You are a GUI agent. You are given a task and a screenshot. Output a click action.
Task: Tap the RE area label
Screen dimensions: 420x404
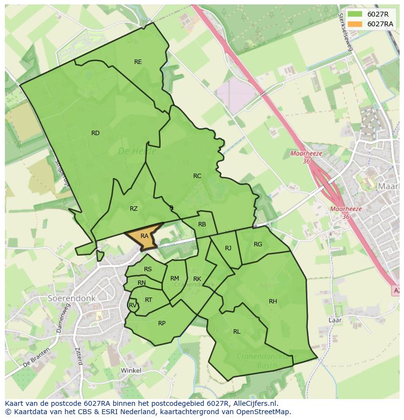(138, 62)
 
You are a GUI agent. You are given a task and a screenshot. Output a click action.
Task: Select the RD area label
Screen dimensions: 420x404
(95, 133)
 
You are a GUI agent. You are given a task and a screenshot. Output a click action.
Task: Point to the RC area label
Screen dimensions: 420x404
(197, 176)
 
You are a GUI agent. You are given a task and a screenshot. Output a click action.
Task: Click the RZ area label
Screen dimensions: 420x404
(133, 209)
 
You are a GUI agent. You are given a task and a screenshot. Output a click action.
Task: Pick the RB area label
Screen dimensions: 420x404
(202, 224)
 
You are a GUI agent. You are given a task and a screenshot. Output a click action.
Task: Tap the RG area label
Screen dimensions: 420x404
(258, 244)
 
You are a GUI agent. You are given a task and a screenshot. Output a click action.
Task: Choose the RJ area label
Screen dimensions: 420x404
(228, 248)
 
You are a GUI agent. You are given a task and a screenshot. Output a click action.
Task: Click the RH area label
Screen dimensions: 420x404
(273, 301)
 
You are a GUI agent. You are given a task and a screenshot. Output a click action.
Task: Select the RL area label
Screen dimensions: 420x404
(237, 332)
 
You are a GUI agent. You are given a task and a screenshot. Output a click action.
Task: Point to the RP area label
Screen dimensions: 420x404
(162, 323)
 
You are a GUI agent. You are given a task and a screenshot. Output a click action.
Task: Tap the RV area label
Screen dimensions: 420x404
(132, 305)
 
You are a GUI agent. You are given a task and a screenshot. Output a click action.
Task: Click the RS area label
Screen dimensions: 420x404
(148, 269)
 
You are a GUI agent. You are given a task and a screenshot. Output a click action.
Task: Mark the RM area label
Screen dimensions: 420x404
(175, 279)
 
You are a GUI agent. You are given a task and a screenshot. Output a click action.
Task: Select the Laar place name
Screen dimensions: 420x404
(335, 320)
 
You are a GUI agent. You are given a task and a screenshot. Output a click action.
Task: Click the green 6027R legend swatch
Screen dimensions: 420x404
(355, 14)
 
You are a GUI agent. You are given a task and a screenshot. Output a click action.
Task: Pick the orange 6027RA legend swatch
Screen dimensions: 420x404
(355, 24)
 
